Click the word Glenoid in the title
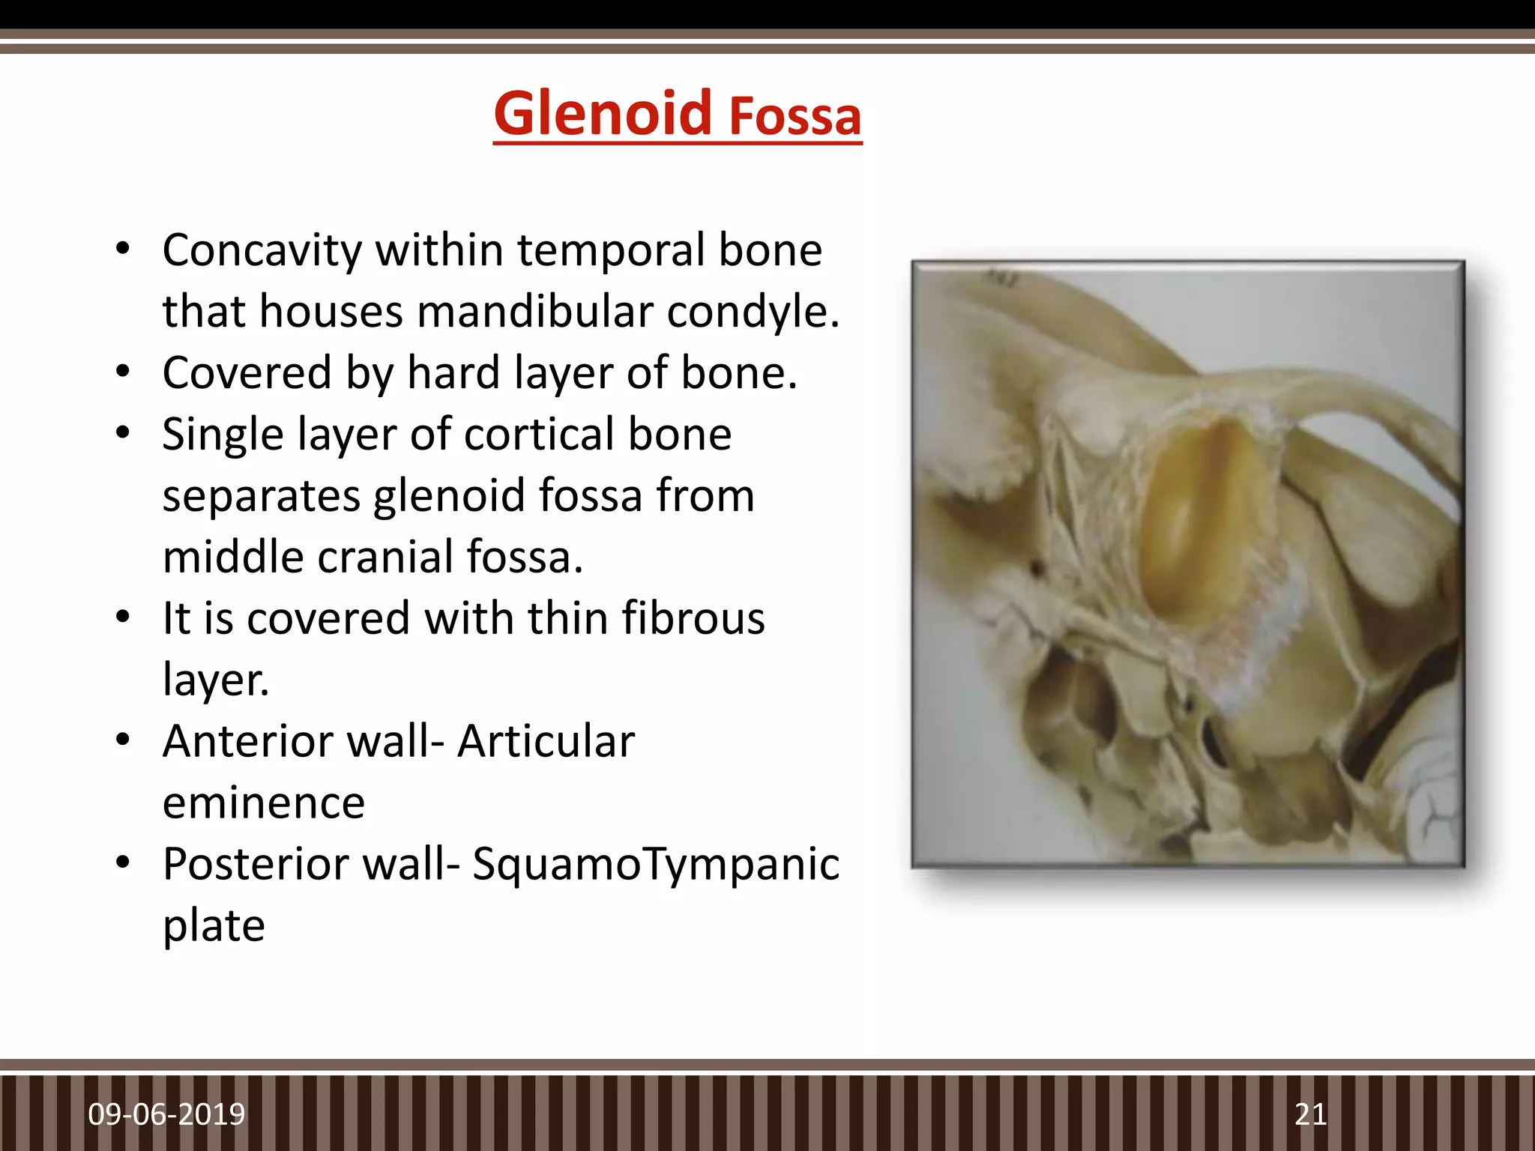(x=603, y=114)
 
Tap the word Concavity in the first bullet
(x=262, y=250)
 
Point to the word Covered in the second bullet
(x=247, y=373)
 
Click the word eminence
(x=264, y=803)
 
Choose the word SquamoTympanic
(x=655, y=865)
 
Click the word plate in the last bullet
(x=214, y=926)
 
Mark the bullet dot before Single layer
(x=124, y=433)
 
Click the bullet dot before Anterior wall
(x=124, y=740)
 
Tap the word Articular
(x=546, y=742)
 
